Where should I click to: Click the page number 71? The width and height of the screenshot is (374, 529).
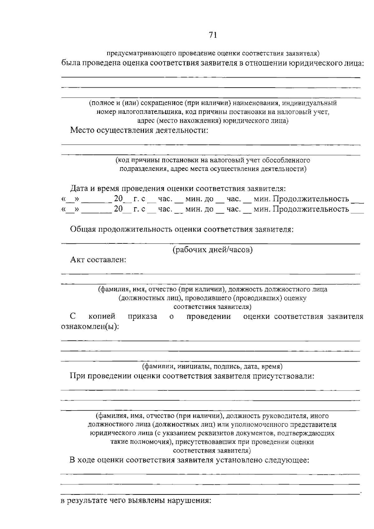pyautogui.click(x=213, y=35)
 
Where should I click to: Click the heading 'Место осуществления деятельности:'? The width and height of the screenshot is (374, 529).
pyautogui.click(x=139, y=130)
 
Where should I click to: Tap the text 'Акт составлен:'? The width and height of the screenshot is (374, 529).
pyautogui.click(x=98, y=260)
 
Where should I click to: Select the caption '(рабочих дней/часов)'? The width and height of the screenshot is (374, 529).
pyautogui.click(x=213, y=250)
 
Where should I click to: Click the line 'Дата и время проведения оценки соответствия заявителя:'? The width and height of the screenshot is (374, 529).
pyautogui.click(x=178, y=189)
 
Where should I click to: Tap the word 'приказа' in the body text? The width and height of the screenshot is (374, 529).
pyautogui.click(x=142, y=316)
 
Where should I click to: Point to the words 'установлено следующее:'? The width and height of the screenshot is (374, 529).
pyautogui.click(x=262, y=460)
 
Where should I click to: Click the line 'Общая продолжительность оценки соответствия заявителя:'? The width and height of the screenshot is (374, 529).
pyautogui.click(x=182, y=229)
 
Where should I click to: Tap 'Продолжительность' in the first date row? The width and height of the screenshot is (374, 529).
pyautogui.click(x=311, y=199)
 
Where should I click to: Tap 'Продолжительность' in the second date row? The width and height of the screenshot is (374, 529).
pyautogui.click(x=311, y=209)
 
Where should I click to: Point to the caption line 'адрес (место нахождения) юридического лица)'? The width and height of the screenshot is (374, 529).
pyautogui.click(x=213, y=121)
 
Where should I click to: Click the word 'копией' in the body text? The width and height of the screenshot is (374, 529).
pyautogui.click(x=102, y=316)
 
